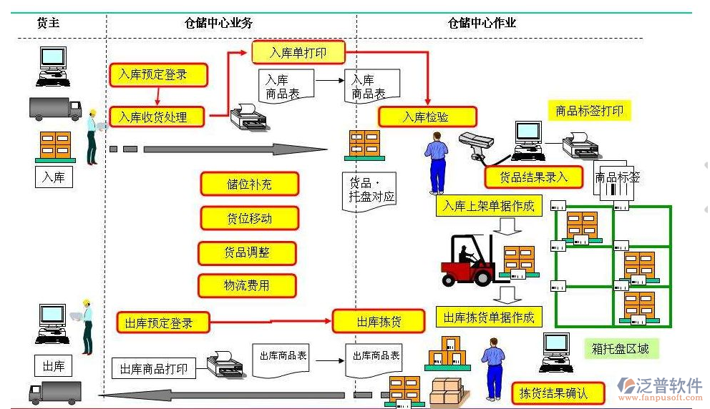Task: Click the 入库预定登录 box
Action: [x=158, y=74]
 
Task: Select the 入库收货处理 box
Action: [x=158, y=117]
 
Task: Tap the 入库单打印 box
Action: [x=298, y=52]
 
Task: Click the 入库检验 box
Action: [x=427, y=117]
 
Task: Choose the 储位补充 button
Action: [x=249, y=184]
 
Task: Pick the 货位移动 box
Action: [x=249, y=218]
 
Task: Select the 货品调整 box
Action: [x=247, y=252]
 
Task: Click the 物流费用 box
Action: [x=247, y=286]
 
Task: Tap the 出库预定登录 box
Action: [x=163, y=322]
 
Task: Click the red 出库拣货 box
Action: [x=379, y=322]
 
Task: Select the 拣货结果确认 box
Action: [x=559, y=393]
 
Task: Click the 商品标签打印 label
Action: [x=589, y=111]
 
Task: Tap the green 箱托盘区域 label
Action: [x=621, y=349]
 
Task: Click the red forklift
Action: [x=469, y=263]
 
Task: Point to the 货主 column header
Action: [x=48, y=23]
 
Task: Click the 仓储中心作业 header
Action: [x=481, y=23]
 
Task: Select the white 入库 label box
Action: [x=54, y=177]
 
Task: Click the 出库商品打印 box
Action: [x=153, y=369]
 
